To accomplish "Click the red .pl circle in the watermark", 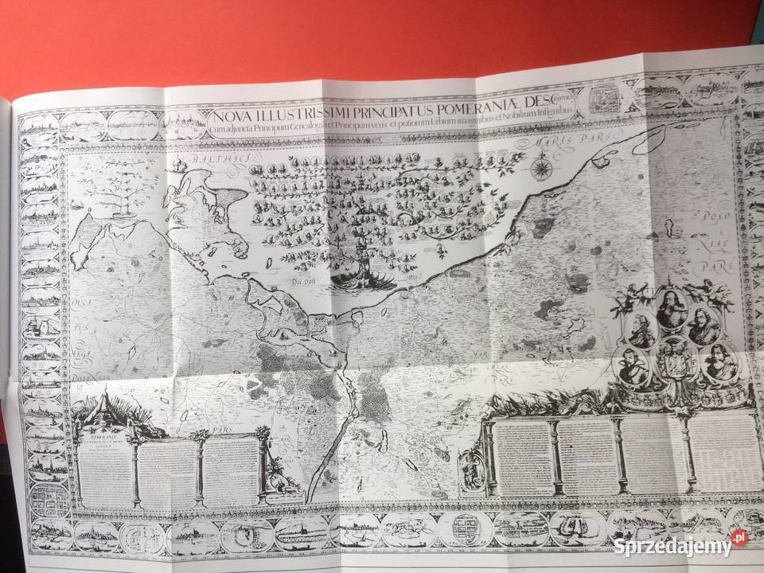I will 740,539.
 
